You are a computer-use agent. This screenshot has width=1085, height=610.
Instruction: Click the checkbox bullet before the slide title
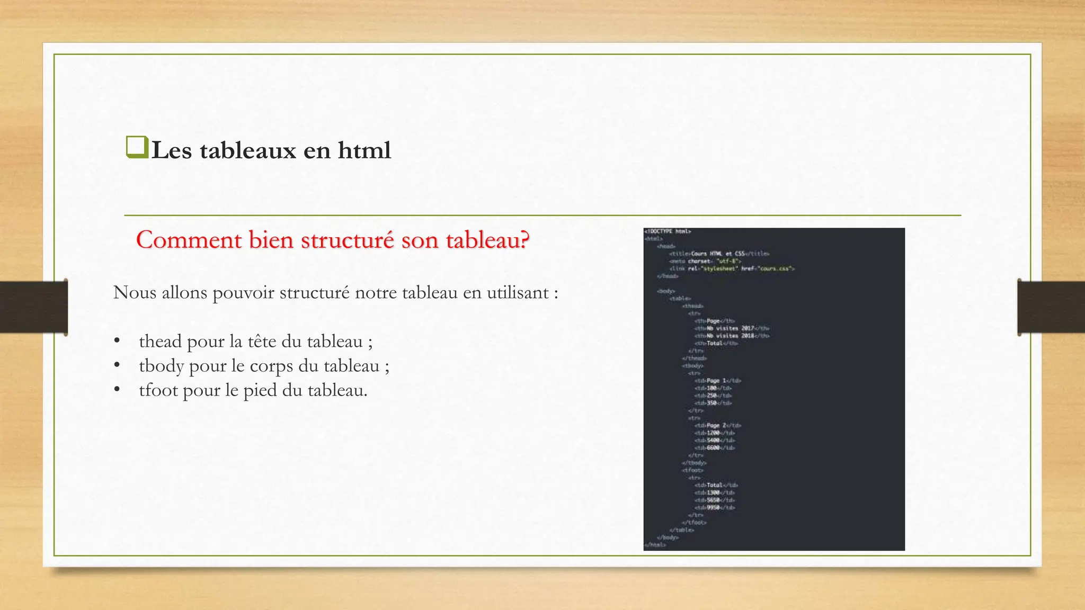137,147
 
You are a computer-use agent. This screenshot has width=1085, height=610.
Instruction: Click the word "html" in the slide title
364,150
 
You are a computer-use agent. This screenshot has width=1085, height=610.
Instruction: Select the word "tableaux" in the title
248,150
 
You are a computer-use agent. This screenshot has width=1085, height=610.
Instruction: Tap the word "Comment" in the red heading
189,240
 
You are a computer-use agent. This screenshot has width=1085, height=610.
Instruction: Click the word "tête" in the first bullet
262,342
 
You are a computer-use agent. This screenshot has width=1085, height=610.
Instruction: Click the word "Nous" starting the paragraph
135,292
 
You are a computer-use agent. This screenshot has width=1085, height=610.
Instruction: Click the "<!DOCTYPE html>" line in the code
668,231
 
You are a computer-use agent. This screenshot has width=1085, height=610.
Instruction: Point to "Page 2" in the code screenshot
716,425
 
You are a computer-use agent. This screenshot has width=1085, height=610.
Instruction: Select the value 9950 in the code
713,507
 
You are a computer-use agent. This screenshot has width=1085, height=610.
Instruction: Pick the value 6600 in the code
713,447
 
